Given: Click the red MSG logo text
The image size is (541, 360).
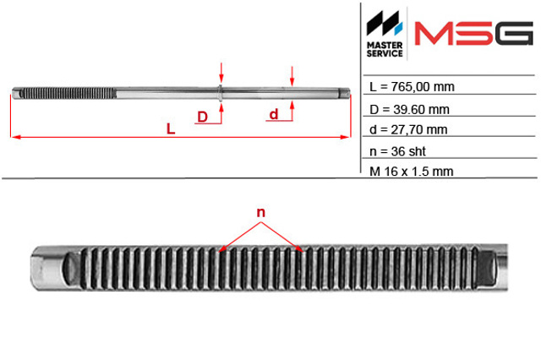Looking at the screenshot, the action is point(473,34).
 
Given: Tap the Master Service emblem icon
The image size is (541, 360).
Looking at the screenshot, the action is point(385,24).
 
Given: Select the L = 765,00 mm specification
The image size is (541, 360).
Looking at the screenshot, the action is point(412,86).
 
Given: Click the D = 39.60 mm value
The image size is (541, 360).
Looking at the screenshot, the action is point(409,110).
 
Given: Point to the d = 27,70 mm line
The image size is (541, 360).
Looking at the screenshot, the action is point(408,129).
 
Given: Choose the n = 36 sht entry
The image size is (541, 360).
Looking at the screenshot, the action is point(397,151).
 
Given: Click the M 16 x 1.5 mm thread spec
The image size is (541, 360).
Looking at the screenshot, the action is point(411,172).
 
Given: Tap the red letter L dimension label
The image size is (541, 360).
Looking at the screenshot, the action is point(171,129).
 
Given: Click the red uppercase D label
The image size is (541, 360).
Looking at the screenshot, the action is point(203,117).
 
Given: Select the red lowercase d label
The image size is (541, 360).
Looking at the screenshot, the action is point(274,114).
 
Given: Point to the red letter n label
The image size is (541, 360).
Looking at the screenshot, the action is point(261,212).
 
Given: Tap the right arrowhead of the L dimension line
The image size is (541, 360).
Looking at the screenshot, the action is point(346,137).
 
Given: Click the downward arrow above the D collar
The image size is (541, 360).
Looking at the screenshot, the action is point(221,74).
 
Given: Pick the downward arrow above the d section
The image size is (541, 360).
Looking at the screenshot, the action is point(292,76).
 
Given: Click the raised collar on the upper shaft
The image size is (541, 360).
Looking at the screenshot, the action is point(220,93).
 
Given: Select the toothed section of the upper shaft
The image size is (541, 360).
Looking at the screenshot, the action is point(68,93).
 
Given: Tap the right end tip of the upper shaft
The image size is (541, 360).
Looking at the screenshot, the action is point(349,93).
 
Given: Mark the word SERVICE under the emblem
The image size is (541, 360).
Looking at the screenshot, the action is point(385,53).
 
